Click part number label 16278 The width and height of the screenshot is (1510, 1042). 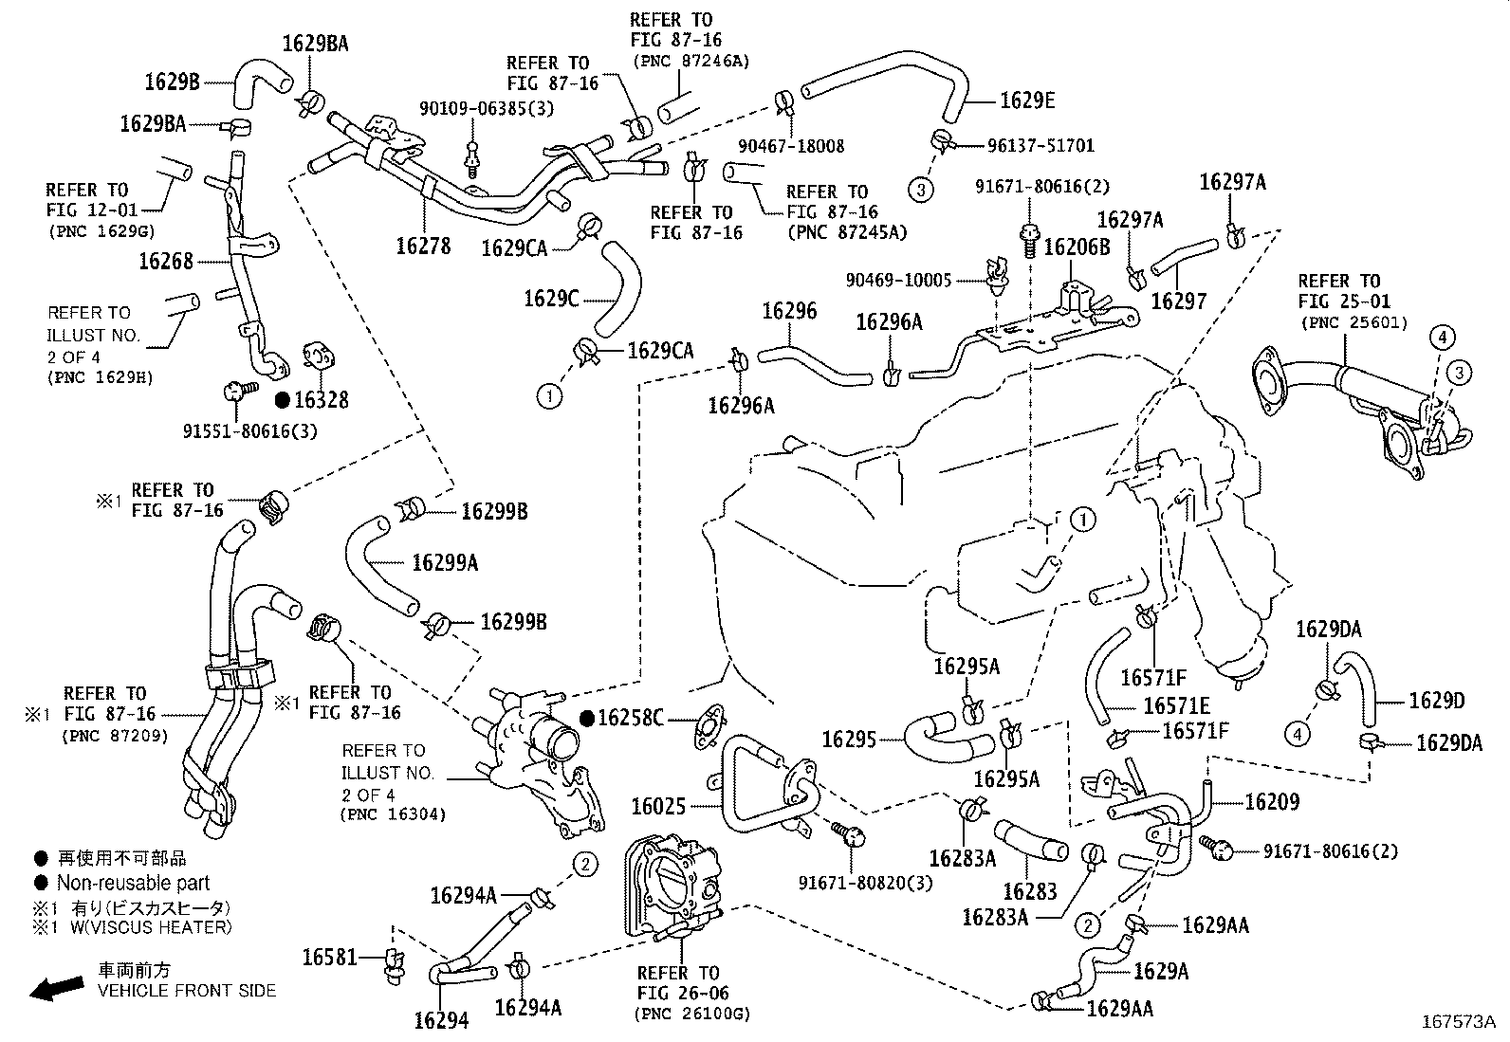[423, 246]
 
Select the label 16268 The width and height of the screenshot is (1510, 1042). [166, 261]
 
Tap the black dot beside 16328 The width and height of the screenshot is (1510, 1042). [283, 400]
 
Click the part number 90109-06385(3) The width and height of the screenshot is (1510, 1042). [487, 107]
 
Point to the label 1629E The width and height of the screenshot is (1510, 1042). [1027, 101]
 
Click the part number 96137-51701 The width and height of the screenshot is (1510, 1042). [1040, 146]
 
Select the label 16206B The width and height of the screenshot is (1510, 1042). [1077, 247]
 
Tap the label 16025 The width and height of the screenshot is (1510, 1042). [658, 807]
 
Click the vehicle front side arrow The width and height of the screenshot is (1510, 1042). [55, 988]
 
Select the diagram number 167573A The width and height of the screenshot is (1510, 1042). [1458, 1022]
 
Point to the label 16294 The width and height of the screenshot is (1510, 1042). [441, 1020]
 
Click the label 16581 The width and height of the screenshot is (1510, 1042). [329, 958]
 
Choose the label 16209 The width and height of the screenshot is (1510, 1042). [1272, 802]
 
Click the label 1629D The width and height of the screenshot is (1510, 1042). [1437, 701]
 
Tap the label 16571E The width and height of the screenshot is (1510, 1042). [1176, 705]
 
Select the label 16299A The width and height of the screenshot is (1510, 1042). [445, 563]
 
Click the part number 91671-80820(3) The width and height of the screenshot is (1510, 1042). [865, 883]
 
